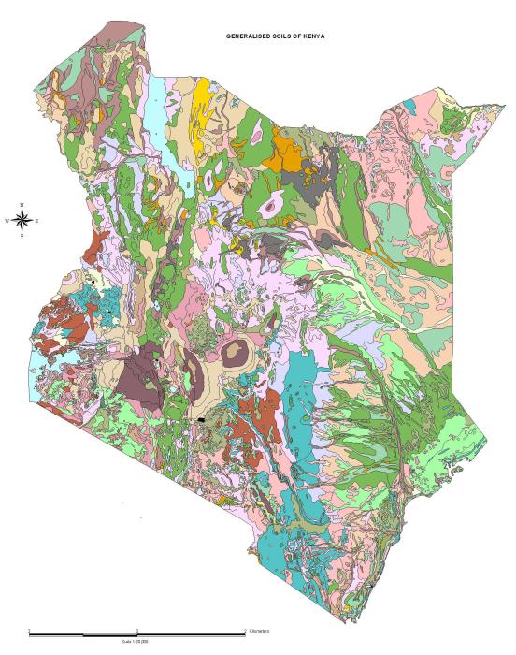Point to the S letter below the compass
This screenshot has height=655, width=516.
(x=22, y=235)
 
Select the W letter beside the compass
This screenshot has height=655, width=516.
(x=7, y=221)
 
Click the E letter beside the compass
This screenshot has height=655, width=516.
(x=37, y=221)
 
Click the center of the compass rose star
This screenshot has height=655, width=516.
(x=22, y=220)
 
